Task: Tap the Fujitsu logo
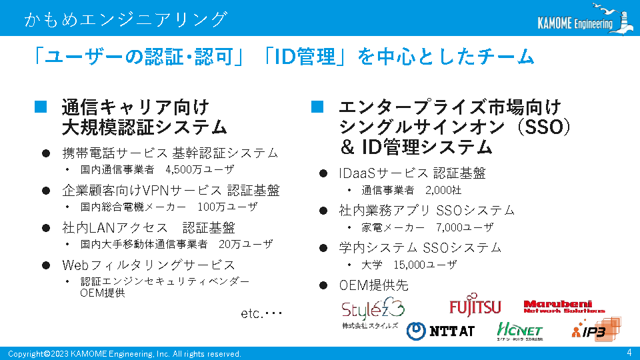pyautogui.click(x=475, y=305)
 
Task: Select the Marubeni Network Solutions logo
pyautogui.click(x=564, y=307)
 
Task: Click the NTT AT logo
pyautogui.click(x=441, y=331)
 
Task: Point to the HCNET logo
pyautogui.click(x=519, y=331)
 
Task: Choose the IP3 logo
pyautogui.click(x=596, y=329)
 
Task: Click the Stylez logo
pyautogui.click(x=373, y=313)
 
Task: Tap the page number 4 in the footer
pyautogui.click(x=629, y=352)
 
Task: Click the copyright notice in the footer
pyautogui.click(x=125, y=354)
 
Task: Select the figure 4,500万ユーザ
pyautogui.click(x=200, y=169)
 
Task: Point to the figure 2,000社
pyautogui.click(x=443, y=190)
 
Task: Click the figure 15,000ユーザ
pyautogui.click(x=425, y=265)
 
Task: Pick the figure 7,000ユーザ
pyautogui.click(x=465, y=227)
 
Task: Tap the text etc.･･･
pyautogui.click(x=261, y=313)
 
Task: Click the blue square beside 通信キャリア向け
pyautogui.click(x=41, y=107)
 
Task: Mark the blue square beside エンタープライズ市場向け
pyautogui.click(x=317, y=107)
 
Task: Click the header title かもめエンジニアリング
pyautogui.click(x=126, y=19)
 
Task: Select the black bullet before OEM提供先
pyautogui.click(x=323, y=285)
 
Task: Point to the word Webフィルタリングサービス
pyautogui.click(x=149, y=265)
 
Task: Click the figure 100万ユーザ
pyautogui.click(x=228, y=207)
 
